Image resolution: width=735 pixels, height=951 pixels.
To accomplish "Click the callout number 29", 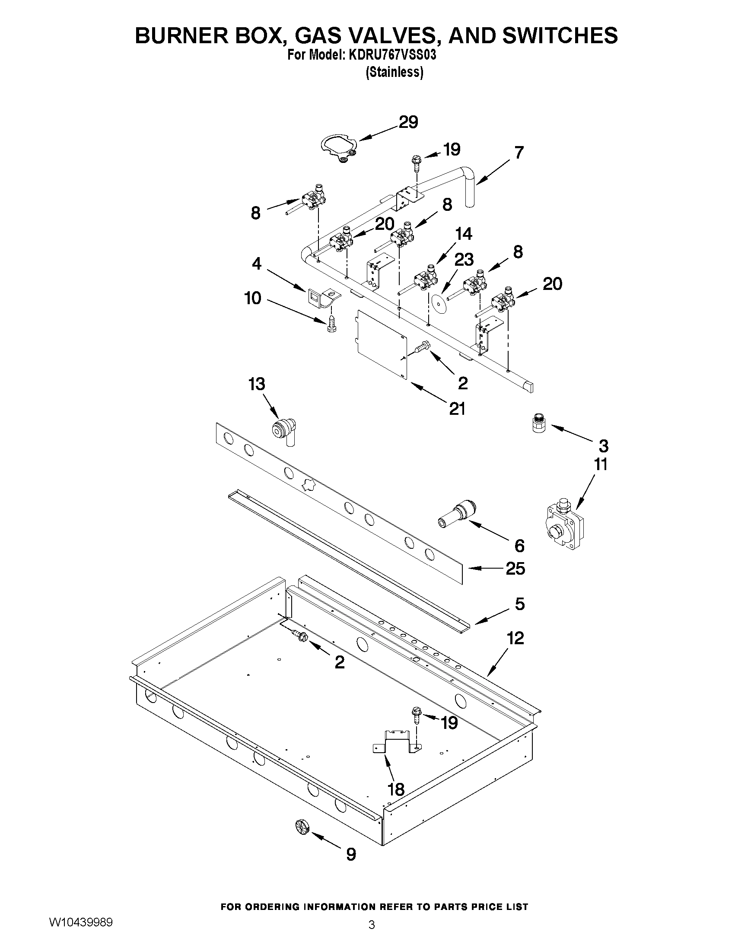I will (x=408, y=123).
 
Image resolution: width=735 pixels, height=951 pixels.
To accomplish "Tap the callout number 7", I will (x=519, y=153).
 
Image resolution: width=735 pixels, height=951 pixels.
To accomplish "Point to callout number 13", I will (x=257, y=385).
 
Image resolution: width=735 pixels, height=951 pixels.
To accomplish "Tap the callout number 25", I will (x=515, y=568).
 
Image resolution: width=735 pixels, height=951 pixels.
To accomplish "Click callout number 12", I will (x=515, y=638).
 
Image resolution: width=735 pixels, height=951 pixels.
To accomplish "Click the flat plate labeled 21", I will (x=382, y=344).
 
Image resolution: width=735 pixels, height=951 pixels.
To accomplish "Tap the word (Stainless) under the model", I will (x=394, y=72).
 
